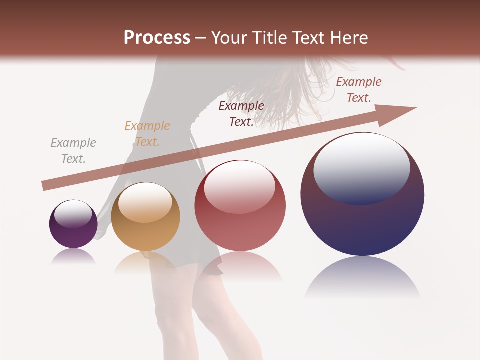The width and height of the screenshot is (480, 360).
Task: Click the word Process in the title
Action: click(157, 38)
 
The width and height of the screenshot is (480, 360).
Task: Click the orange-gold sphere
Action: click(145, 220)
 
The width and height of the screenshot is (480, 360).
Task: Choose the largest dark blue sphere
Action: click(362, 210)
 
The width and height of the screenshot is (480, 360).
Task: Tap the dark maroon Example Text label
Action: click(241, 114)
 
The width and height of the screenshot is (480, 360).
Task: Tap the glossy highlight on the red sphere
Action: click(240, 186)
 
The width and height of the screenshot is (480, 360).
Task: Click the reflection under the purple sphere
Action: click(73, 256)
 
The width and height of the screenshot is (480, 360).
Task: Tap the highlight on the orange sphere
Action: click(145, 202)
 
